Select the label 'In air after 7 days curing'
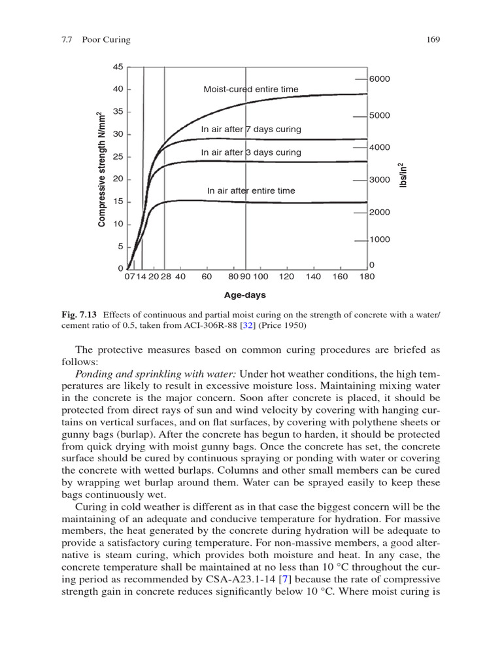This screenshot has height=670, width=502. pyautogui.click(x=251, y=129)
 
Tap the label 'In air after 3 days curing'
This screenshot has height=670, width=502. pyautogui.click(x=251, y=152)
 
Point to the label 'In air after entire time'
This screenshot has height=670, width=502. pyautogui.click(x=251, y=190)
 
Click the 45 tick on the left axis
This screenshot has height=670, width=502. pyautogui.click(x=118, y=67)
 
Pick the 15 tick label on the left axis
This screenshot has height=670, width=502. pyautogui.click(x=118, y=202)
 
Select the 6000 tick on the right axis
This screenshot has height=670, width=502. pyautogui.click(x=379, y=79)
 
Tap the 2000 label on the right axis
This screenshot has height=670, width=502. pyautogui.click(x=379, y=213)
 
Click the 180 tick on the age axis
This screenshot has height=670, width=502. pyautogui.click(x=367, y=277)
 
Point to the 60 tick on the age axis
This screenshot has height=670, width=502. pyautogui.click(x=207, y=277)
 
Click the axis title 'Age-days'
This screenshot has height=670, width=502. pyautogui.click(x=246, y=295)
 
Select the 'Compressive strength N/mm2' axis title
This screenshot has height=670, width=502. pyautogui.click(x=101, y=169)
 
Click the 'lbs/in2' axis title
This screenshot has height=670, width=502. pyautogui.click(x=403, y=175)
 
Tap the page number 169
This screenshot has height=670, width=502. pyautogui.click(x=433, y=39)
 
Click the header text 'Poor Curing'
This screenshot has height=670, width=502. pyautogui.click(x=106, y=39)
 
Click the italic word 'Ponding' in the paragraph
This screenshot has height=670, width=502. pyautogui.click(x=94, y=374)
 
